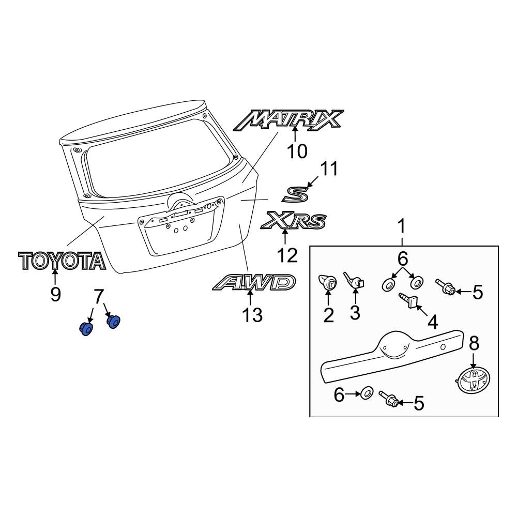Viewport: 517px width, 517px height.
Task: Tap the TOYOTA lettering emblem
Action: (62, 261)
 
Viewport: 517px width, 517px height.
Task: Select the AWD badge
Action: (254, 283)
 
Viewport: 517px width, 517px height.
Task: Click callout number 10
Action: (296, 151)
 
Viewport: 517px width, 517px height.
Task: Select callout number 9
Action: (55, 294)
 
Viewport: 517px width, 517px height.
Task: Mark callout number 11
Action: (328, 169)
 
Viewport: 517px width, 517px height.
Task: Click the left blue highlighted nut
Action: (86, 328)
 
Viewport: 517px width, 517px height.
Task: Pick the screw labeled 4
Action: (408, 300)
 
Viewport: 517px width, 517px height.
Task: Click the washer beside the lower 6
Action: (366, 393)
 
